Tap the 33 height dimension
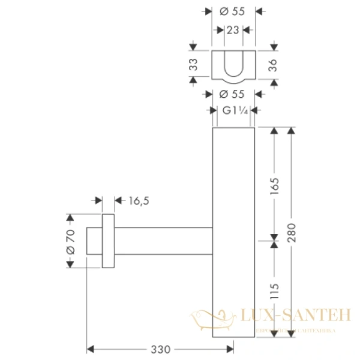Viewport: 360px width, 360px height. pos(193,65)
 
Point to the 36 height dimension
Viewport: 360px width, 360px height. pos(274,65)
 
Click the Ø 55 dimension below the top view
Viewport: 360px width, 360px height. pos(233,94)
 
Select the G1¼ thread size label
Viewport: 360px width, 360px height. pos(233,110)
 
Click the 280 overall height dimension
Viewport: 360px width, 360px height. pos(292,231)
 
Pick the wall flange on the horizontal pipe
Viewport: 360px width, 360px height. pos(108,241)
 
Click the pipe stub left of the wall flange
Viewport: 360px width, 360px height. pos(94,241)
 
